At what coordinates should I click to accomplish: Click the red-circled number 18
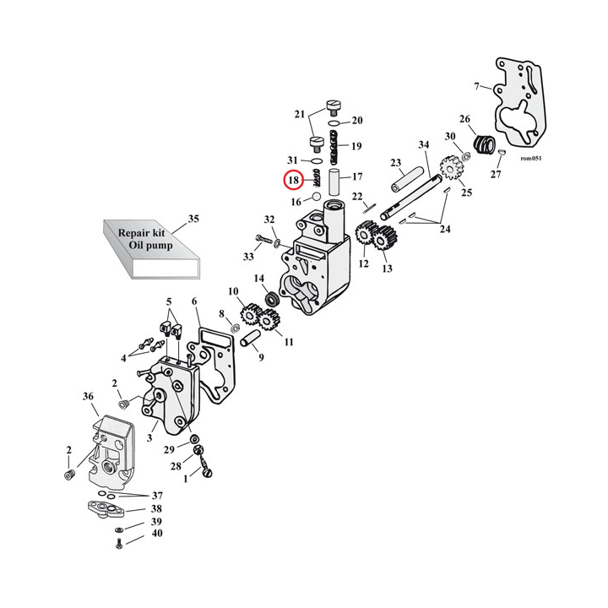(x=293, y=180)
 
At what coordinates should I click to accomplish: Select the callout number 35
(x=193, y=219)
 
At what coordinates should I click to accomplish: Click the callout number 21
(x=299, y=114)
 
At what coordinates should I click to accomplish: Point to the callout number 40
(x=157, y=534)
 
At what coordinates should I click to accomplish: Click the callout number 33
(x=249, y=256)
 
